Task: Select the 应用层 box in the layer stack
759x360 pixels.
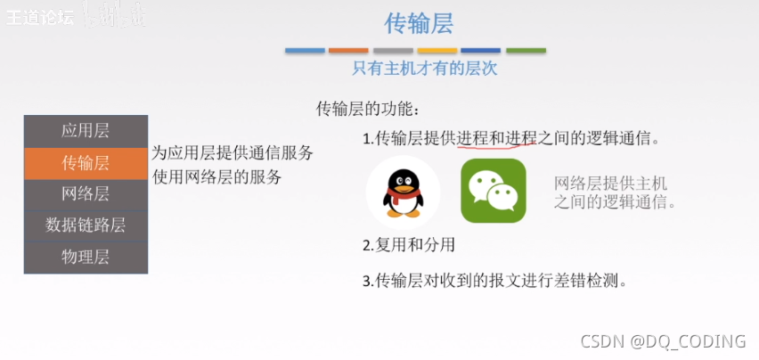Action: (86, 131)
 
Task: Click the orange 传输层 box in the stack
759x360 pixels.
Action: (86, 162)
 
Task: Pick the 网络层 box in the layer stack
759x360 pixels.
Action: (86, 193)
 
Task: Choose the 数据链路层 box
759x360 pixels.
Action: (86, 225)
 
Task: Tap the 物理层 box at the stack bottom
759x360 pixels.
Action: (86, 257)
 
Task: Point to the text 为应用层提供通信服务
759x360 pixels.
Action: (232, 152)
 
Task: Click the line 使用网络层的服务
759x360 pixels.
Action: (216, 176)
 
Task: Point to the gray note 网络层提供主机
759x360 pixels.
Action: (610, 184)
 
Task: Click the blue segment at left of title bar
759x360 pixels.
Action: (305, 51)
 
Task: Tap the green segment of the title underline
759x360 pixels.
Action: (526, 51)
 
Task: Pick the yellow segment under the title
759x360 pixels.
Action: (437, 51)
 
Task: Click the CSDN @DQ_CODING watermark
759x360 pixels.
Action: (663, 341)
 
